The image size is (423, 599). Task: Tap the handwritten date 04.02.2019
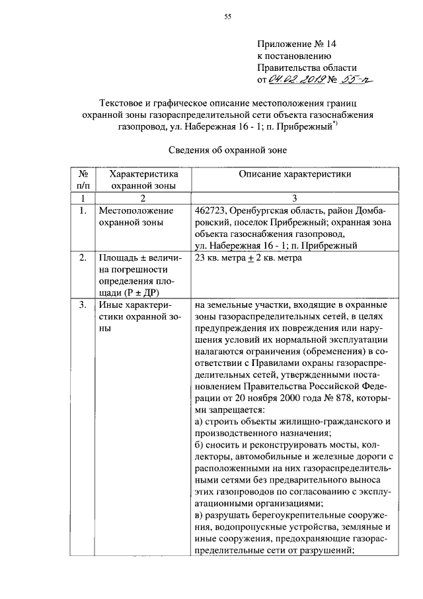click(296, 80)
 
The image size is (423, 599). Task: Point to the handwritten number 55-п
click(356, 79)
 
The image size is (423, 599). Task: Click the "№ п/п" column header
click(83, 179)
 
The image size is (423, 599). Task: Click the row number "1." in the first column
click(83, 211)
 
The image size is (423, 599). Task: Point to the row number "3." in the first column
click(83, 305)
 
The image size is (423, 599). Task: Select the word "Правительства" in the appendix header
click(288, 68)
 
